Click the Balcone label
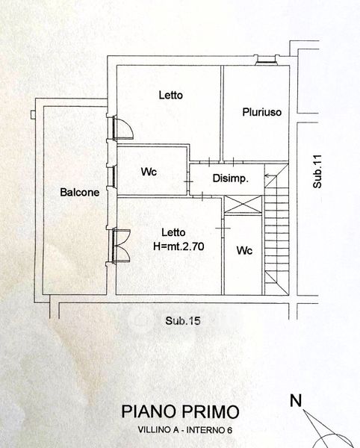[80, 192]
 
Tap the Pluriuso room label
[262, 112]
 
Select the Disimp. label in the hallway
[231, 178]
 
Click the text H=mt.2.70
[179, 246]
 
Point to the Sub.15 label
[183, 320]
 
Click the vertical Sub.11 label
[317, 172]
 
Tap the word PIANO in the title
[149, 411]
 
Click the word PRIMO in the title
[210, 411]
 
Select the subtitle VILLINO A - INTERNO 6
[185, 430]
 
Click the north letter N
[296, 400]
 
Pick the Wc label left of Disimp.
[149, 172]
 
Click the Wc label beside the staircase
[244, 251]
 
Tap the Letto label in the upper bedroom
[171, 95]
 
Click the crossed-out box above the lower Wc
[243, 205]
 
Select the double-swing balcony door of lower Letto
[121, 246]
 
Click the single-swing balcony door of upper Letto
[122, 128]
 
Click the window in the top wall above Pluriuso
[266, 60]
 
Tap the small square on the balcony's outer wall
[33, 114]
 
